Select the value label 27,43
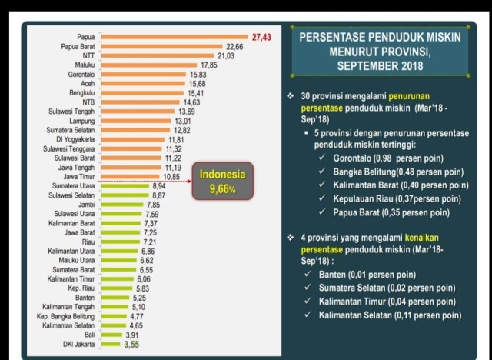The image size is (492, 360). (262, 37)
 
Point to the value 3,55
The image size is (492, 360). (132, 345)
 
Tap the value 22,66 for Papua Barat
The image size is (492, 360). (234, 47)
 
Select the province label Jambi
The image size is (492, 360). (85, 205)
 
